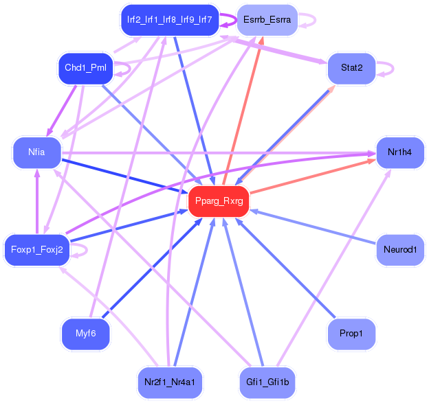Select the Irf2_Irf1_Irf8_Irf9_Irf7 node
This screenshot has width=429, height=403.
[169, 21]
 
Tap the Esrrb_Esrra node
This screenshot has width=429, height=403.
[267, 21]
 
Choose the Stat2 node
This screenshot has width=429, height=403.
[351, 68]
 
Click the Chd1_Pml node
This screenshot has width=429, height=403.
[85, 69]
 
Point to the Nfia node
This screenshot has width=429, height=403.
[37, 152]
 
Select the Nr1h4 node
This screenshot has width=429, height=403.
[399, 152]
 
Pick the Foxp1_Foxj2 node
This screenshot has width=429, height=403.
[37, 249]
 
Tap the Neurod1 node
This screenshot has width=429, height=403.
[399, 249]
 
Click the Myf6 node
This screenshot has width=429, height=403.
[85, 334]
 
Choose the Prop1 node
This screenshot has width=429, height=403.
[351, 334]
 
